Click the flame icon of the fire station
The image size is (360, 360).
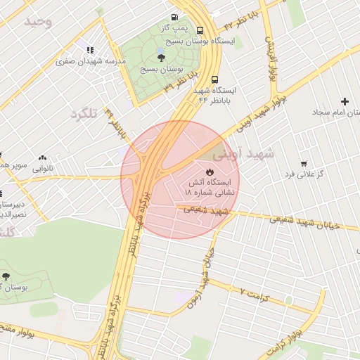click(210, 171)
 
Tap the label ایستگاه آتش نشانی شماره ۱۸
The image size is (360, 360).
click(210, 187)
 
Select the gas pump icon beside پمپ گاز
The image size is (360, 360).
click(174, 18)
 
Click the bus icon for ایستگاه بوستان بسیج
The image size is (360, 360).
click(200, 30)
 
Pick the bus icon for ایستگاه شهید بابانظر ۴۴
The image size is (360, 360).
click(214, 79)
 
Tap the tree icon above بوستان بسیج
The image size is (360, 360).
click(161, 58)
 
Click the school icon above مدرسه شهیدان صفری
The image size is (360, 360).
click(89, 50)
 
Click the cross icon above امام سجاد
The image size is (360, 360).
click(345, 102)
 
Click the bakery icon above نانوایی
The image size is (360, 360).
click(43, 158)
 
